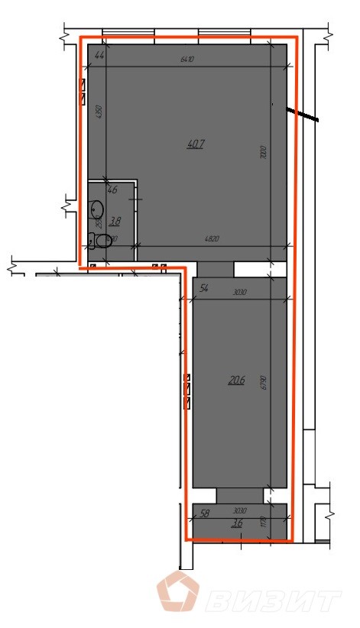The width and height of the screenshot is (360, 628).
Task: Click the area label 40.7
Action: [195, 143]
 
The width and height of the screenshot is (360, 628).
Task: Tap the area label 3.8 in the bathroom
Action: [115, 222]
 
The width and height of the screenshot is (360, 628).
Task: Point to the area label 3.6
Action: [236, 524]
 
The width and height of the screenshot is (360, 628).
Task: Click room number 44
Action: [99, 56]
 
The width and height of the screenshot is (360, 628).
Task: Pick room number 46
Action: [112, 190]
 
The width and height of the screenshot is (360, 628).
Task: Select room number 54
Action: [203, 289]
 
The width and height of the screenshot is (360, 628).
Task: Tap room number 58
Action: [204, 514]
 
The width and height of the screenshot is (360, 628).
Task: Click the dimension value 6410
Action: [187, 60]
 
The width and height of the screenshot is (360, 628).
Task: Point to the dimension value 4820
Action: [212, 239]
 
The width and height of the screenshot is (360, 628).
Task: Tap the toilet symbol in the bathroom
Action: [101, 241]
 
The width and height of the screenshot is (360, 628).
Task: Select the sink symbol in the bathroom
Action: [96, 208]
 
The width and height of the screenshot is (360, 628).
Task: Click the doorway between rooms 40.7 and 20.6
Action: [215, 269]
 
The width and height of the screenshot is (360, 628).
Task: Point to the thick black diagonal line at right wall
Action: [304, 115]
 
